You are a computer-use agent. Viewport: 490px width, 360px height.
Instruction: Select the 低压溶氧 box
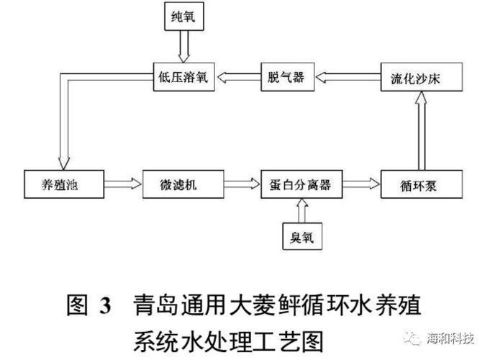click(x=181, y=78)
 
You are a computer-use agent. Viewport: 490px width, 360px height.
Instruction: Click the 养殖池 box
click(x=59, y=184)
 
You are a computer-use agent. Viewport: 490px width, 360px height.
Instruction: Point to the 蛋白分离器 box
click(x=300, y=184)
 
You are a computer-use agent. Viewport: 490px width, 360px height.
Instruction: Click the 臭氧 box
click(x=300, y=237)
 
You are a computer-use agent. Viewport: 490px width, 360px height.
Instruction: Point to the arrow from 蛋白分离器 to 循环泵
click(x=363, y=184)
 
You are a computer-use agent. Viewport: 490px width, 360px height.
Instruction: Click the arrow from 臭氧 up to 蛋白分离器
click(x=300, y=210)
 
